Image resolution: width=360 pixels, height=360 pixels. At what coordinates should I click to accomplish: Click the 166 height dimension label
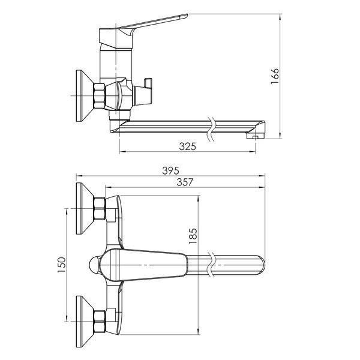pyautogui.click(x=275, y=76)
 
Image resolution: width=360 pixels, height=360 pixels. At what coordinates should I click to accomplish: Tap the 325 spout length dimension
pyautogui.click(x=188, y=146)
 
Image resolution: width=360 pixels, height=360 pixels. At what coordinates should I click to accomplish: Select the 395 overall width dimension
pyautogui.click(x=170, y=170)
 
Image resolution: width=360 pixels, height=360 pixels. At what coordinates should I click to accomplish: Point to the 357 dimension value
pyautogui.click(x=185, y=182)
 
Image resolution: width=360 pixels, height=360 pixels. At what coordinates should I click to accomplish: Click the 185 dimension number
pyautogui.click(x=193, y=236)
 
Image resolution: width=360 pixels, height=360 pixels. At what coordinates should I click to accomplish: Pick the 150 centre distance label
pyautogui.click(x=62, y=265)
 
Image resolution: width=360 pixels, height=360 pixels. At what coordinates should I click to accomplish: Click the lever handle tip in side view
pyautogui.click(x=187, y=16)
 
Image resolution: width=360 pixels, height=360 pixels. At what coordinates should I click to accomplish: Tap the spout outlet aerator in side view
pyautogui.click(x=256, y=136)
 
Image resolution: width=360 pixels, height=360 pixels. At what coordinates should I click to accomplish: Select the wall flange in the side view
pyautogui.click(x=85, y=96)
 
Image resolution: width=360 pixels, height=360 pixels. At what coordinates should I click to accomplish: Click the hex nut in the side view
pyautogui.click(x=99, y=96)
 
